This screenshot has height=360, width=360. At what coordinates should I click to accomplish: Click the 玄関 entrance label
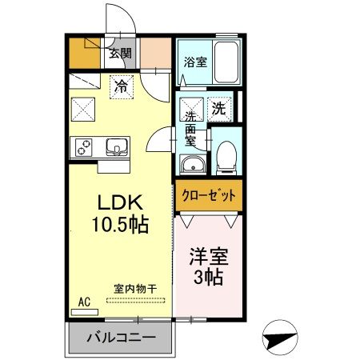(120, 54)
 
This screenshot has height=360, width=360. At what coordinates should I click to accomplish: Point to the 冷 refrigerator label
(120, 82)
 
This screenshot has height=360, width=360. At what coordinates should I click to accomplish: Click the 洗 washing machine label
(220, 106)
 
